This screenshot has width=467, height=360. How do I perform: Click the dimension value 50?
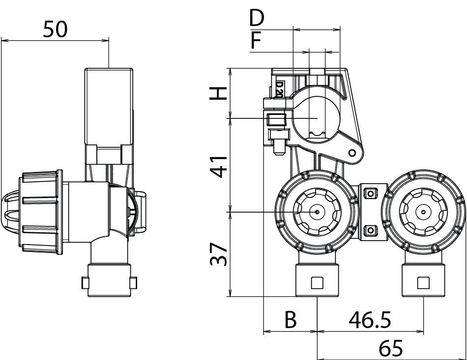(55, 29)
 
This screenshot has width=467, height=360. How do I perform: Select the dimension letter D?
(256, 18)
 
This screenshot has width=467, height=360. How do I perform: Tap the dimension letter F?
(255, 41)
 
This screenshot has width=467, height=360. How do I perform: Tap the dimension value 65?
(391, 349)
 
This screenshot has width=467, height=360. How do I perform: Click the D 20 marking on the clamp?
(279, 90)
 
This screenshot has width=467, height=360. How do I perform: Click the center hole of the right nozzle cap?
(422, 212)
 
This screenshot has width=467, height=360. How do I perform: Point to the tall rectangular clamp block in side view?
(109, 106)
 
